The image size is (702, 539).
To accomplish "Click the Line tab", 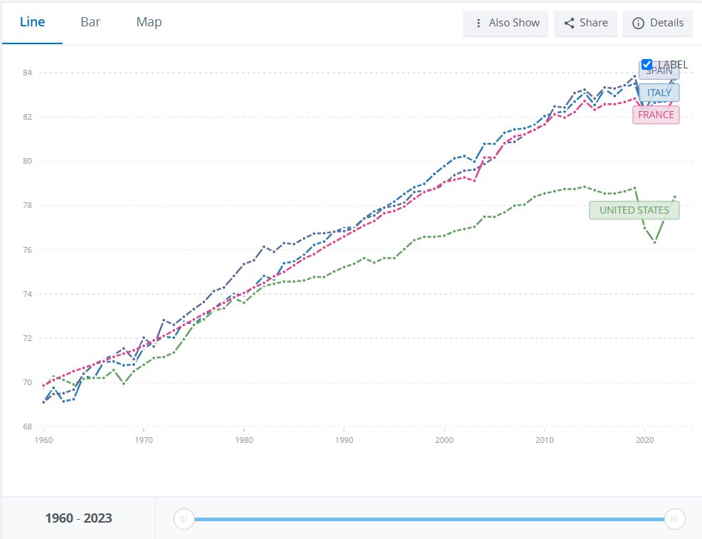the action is pyautogui.click(x=32, y=22).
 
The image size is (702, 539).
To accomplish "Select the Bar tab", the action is pyautogui.click(x=90, y=22).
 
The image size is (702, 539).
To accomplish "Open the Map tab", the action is pyautogui.click(x=149, y=22).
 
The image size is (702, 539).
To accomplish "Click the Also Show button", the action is pyautogui.click(x=506, y=23).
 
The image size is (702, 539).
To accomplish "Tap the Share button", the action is pyautogui.click(x=585, y=23).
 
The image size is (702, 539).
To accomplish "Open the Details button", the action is pyautogui.click(x=657, y=23).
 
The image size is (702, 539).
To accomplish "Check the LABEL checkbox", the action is pyautogui.click(x=647, y=65).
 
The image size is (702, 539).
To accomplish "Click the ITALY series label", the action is pyautogui.click(x=659, y=93).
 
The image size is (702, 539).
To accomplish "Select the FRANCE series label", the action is pyautogui.click(x=656, y=115).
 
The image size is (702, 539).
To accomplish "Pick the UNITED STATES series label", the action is pyautogui.click(x=634, y=210).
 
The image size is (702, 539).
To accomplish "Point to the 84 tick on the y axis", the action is pyautogui.click(x=27, y=73).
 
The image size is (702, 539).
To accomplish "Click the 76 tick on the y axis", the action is pyautogui.click(x=27, y=249).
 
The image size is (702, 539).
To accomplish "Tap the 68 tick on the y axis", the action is pyautogui.click(x=27, y=427).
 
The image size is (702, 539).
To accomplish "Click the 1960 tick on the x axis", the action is pyautogui.click(x=43, y=440).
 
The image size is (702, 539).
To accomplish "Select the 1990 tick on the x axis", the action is pyautogui.click(x=344, y=440).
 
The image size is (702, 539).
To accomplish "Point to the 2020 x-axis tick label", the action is pyautogui.click(x=644, y=440).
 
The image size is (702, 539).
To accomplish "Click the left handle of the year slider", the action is pyautogui.click(x=184, y=519).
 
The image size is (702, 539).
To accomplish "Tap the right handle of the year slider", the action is pyautogui.click(x=674, y=519).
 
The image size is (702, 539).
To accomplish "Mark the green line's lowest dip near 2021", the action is pyautogui.click(x=654, y=242).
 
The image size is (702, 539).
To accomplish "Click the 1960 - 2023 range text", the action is pyautogui.click(x=78, y=518).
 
